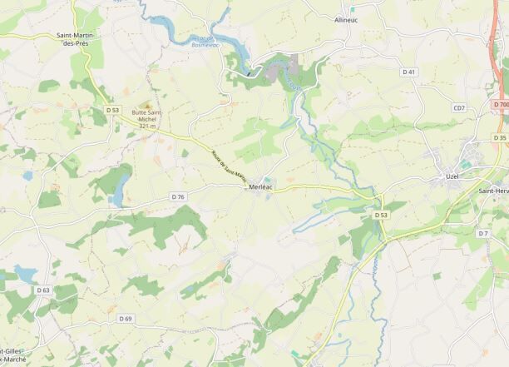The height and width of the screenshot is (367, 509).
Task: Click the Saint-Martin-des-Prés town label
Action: pyautogui.click(x=75, y=39)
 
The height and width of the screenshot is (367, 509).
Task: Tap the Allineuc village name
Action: pyautogui.click(x=346, y=18)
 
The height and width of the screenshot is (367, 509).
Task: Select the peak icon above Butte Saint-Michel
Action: pyautogui.click(x=147, y=105)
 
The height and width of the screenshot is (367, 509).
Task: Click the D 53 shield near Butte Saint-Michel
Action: pyautogui.click(x=113, y=110)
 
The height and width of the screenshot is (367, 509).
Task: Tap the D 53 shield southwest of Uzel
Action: pyautogui.click(x=381, y=215)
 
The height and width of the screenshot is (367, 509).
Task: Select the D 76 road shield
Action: pyautogui.click(x=178, y=196)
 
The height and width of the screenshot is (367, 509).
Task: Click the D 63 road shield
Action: pyautogui.click(x=43, y=290)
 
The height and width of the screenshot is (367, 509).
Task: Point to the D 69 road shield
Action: pyautogui.click(x=126, y=319)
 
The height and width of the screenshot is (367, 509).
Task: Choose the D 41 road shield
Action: pyautogui.click(x=408, y=72)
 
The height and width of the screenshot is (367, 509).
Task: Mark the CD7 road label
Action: pyautogui.click(x=459, y=108)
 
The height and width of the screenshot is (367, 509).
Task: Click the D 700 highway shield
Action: pyautogui.click(x=500, y=104)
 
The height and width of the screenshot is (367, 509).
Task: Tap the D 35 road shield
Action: pyautogui.click(x=500, y=137)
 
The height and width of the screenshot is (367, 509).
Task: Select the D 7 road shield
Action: pyautogui.click(x=482, y=233)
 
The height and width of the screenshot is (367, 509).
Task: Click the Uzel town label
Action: pyautogui.click(x=453, y=177)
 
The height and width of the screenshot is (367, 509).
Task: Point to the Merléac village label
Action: pyautogui.click(x=262, y=188)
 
